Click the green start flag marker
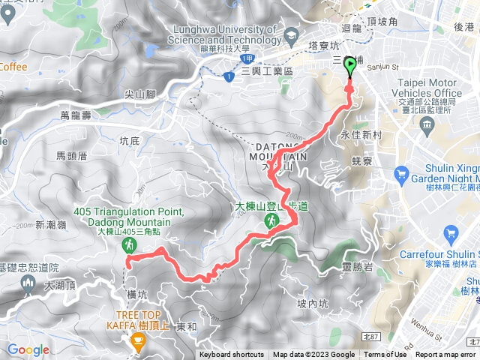click(x=350, y=67)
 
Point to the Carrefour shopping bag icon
click(x=449, y=235)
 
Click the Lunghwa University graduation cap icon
click(x=290, y=37)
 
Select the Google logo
click(x=28, y=349)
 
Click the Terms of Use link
click(x=385, y=355)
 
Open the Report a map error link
click(x=445, y=355)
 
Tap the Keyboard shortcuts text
click(x=231, y=355)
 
